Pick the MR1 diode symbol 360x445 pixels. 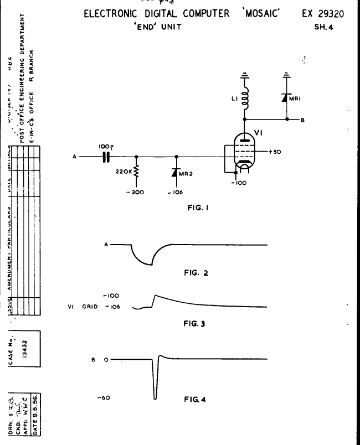pos(287,98)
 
